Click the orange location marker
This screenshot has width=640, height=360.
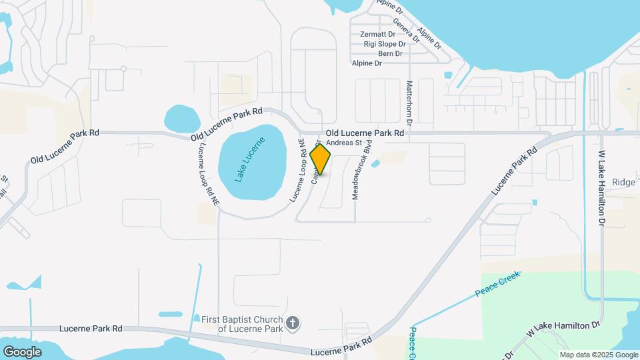(x=320, y=159)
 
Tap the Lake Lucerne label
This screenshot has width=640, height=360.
(x=250, y=159)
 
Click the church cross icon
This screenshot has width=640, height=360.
(x=292, y=323)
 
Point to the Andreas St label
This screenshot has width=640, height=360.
(x=343, y=142)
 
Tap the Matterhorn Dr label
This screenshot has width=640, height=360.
(x=409, y=103)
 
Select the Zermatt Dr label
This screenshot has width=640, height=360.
(x=377, y=34)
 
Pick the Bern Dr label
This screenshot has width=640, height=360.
(x=390, y=53)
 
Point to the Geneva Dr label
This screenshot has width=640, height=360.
(x=406, y=30)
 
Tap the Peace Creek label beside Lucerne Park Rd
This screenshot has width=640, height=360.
(x=497, y=283)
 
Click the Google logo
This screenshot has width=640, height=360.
(x=22, y=351)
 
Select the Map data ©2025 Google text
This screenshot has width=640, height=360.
(x=598, y=355)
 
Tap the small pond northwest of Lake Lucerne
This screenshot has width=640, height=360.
(x=181, y=119)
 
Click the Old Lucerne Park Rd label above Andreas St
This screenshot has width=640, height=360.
(x=365, y=133)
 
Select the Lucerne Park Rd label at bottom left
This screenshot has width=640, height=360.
(x=91, y=329)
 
